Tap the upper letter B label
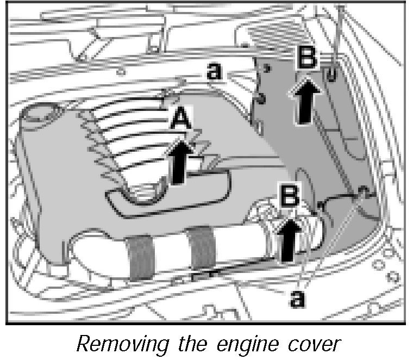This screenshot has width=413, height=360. pos(306,58)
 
